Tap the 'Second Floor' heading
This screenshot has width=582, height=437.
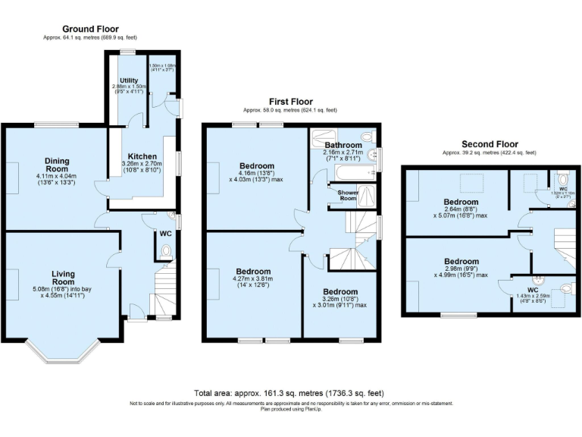[x=490, y=143]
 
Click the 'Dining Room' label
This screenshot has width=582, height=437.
[x=56, y=165]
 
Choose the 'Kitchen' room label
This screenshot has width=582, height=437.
[x=142, y=156]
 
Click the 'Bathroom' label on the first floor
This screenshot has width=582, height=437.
[x=343, y=144]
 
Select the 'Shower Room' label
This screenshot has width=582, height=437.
[x=348, y=196]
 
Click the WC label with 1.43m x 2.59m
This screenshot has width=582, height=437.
[x=533, y=290]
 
